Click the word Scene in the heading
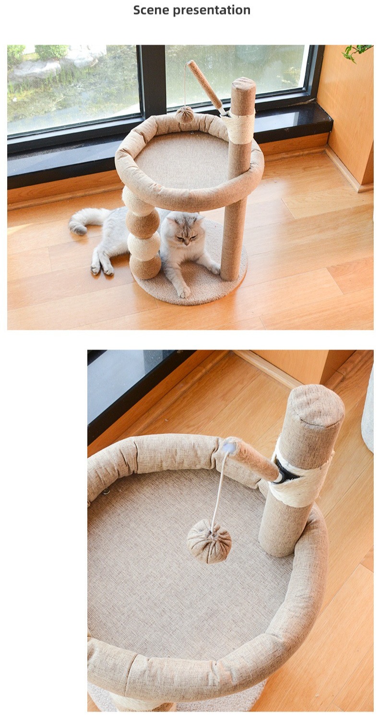pyautogui.click(x=151, y=10)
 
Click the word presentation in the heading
pyautogui.click(x=212, y=11)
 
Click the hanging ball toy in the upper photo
pyautogui.click(x=185, y=115)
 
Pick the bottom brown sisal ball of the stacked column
pyautogui.click(x=145, y=266)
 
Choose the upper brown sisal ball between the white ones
pyautogui.click(x=142, y=223)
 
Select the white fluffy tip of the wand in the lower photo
pyautogui.click(x=229, y=447)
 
